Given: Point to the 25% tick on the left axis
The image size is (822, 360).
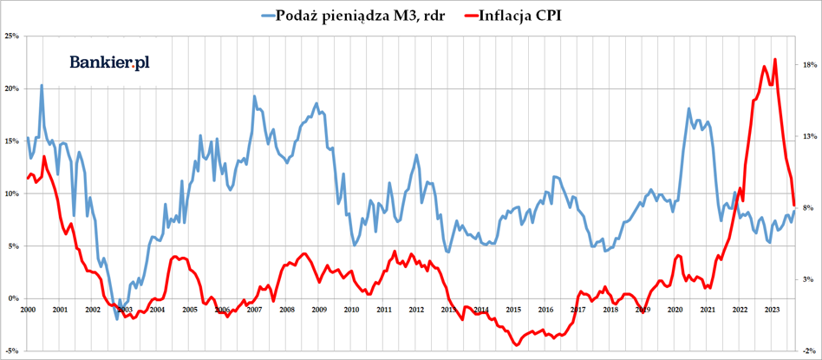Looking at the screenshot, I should click(13, 36).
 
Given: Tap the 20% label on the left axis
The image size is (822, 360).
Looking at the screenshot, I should click(13, 88).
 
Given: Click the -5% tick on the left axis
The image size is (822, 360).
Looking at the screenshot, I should click(13, 351).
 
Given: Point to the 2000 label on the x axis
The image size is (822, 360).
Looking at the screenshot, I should click(27, 309).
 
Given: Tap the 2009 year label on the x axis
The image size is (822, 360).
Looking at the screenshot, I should click(319, 309).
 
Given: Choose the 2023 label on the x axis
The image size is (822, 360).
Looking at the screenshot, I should click(772, 309).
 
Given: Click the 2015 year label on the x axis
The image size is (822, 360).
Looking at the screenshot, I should click(513, 309).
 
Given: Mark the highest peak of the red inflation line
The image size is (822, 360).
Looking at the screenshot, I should click(774, 59).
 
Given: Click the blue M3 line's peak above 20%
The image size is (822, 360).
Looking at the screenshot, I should click(42, 85).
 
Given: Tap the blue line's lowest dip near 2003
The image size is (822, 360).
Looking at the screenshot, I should click(118, 319).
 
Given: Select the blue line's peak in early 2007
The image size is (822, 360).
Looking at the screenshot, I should click(254, 95).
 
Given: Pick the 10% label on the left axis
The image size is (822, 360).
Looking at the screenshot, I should click(13, 193).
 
